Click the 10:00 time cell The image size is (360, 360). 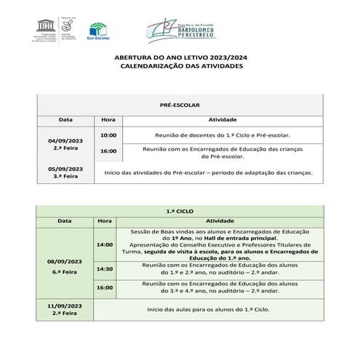pyautogui.click(x=108, y=135)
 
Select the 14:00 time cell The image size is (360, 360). pyautogui.click(x=105, y=244)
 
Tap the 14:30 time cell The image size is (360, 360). pyautogui.click(x=105, y=268)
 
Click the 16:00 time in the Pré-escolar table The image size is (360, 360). pyautogui.click(x=108, y=151)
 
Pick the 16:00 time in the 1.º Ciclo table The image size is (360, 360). pyautogui.click(x=105, y=287)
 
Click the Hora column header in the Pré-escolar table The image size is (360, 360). pyautogui.click(x=108, y=119)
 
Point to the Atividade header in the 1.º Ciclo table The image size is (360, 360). pyautogui.click(x=219, y=219)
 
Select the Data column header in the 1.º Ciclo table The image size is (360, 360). pyautogui.click(x=65, y=219)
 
